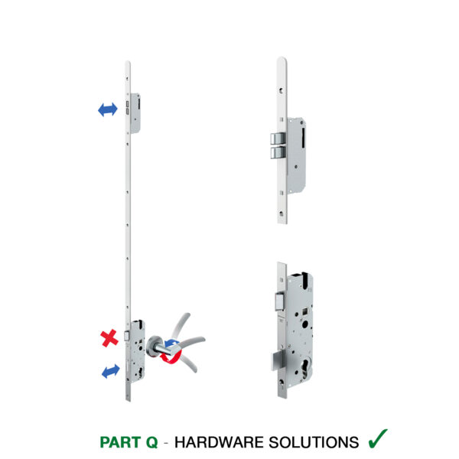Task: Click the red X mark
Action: tap(109, 337)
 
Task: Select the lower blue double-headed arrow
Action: tap(110, 371)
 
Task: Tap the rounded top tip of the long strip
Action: tap(128, 63)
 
